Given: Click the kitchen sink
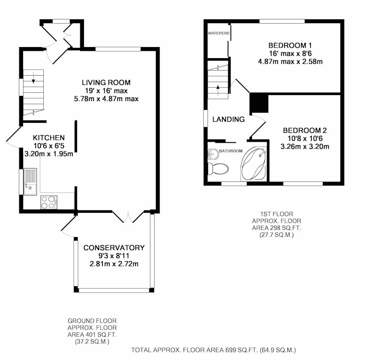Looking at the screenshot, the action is [x=30, y=182].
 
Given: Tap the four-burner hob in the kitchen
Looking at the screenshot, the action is [x=49, y=202].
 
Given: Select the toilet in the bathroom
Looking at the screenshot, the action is [x=218, y=169].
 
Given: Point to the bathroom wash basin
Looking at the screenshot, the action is [x=213, y=154].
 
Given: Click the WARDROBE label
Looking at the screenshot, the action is [x=219, y=33].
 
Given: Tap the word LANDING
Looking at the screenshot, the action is [x=228, y=120].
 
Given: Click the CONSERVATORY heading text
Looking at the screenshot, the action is [x=114, y=248].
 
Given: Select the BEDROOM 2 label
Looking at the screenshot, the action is [x=305, y=131].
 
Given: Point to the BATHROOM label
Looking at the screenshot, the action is [x=231, y=151].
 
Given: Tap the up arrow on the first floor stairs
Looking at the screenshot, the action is [x=218, y=90].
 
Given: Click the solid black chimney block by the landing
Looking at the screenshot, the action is [x=259, y=103].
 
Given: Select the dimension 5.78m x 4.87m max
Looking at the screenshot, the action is [x=106, y=99].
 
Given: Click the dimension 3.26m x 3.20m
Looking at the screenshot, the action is [x=305, y=146].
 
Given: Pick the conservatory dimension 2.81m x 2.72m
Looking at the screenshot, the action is [x=114, y=264].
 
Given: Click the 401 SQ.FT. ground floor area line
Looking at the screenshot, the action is [x=92, y=334].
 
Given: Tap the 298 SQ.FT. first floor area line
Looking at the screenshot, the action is [x=276, y=228].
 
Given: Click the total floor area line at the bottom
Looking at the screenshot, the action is [x=214, y=350].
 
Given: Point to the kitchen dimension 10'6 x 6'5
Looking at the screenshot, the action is [x=49, y=146].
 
